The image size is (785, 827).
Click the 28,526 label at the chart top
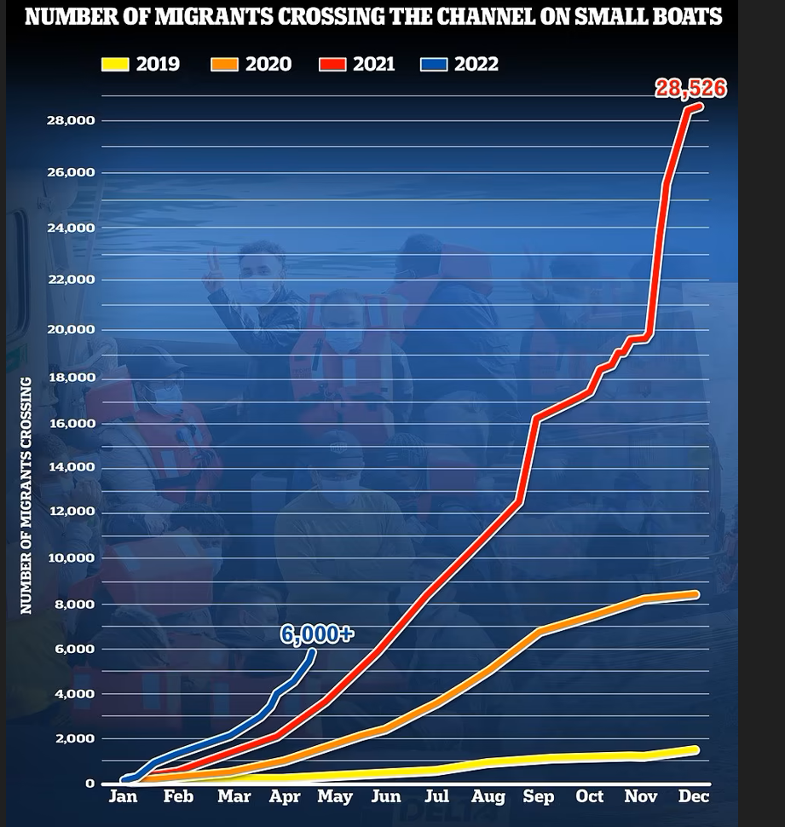(x=690, y=88)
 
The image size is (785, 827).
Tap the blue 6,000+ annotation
(x=316, y=633)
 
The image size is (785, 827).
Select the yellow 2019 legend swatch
(x=115, y=64)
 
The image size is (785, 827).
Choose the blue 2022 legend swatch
(x=434, y=64)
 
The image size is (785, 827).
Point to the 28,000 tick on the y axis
(x=71, y=120)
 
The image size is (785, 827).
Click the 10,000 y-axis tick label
(x=71, y=558)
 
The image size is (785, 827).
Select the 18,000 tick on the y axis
(x=71, y=378)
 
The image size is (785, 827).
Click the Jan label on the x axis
(x=124, y=796)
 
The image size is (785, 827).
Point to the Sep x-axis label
(x=538, y=796)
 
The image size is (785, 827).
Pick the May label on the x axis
(x=335, y=796)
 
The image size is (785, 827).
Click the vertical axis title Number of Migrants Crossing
(x=26, y=494)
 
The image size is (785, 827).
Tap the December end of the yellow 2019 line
(x=696, y=750)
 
